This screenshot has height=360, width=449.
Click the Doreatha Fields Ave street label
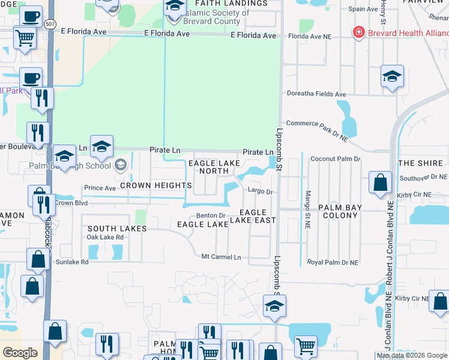pyautogui.click(x=316, y=94)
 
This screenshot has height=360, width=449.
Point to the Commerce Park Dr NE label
pyautogui.click(x=316, y=123)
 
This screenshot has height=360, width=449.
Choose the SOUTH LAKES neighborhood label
pyautogui.click(x=117, y=229)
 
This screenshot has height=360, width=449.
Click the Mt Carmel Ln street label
pyautogui.click(x=221, y=257)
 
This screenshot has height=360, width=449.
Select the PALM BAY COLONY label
pyautogui.click(x=340, y=212)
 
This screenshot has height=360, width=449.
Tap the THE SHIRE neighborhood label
pyautogui.click(x=420, y=163)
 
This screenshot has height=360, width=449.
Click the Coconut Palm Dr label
pyautogui.click(x=336, y=159)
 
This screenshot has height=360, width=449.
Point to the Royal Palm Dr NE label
pyautogui.click(x=333, y=262)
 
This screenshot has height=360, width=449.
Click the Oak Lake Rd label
pyautogui.click(x=105, y=237)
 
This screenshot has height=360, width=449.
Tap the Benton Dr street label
pyautogui.click(x=211, y=216)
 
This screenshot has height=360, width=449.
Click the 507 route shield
pyautogui.click(x=50, y=23)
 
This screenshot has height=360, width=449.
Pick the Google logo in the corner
pyautogui.click(x=20, y=353)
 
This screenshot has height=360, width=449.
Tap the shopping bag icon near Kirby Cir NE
pyautogui.click(x=381, y=182)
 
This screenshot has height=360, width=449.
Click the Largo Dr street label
pyautogui.click(x=261, y=192)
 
